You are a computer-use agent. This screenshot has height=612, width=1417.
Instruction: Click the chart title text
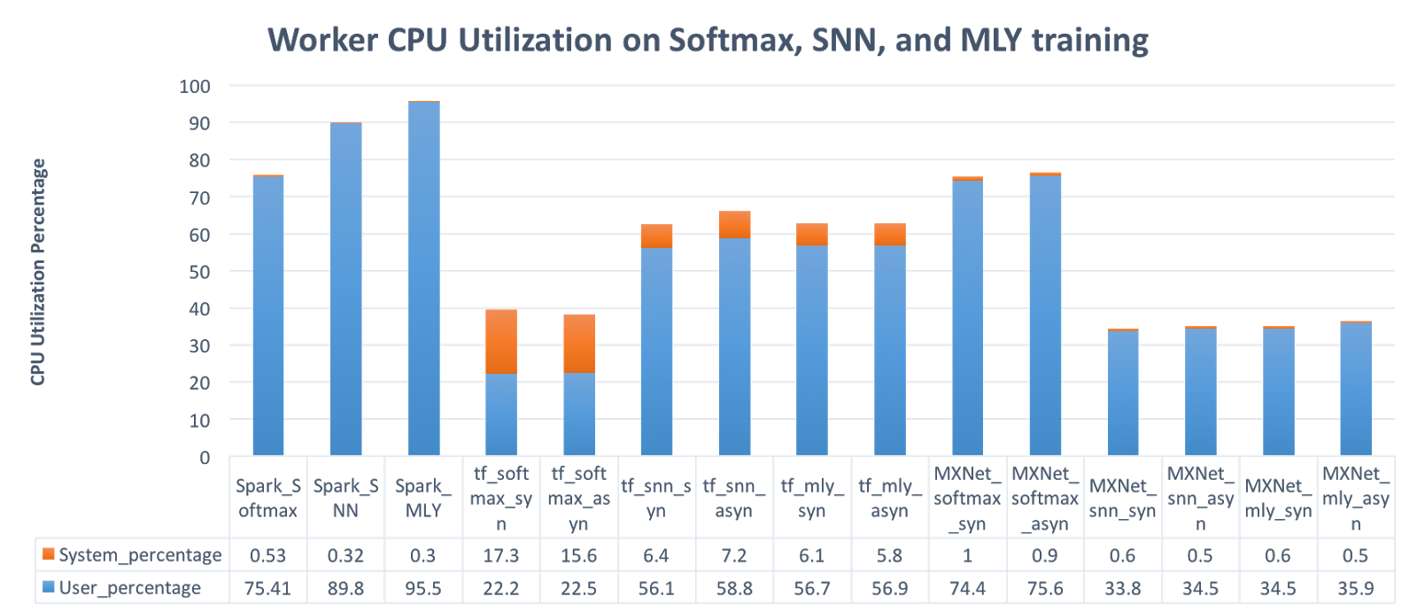tap(708, 41)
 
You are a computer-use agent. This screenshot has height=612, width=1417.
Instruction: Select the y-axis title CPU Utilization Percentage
tap(37, 271)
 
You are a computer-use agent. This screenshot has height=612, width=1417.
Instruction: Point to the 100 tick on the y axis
tap(195, 86)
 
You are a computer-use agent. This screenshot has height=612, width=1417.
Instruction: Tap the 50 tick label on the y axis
tap(199, 272)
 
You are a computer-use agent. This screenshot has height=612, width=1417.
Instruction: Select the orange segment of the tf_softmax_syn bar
tap(501, 341)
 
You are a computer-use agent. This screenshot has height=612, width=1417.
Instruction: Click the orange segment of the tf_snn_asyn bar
tap(734, 225)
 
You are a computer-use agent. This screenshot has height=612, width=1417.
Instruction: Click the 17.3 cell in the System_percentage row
tap(500, 555)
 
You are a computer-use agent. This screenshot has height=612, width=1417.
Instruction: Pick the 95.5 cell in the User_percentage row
tap(423, 588)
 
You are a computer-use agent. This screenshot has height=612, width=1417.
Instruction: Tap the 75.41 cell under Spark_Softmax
tap(267, 588)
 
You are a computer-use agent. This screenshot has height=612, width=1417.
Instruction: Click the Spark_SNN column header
tap(345, 498)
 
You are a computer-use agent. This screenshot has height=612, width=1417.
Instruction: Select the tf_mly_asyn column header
tap(889, 498)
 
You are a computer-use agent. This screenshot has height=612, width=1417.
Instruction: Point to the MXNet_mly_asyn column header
tap(1356, 498)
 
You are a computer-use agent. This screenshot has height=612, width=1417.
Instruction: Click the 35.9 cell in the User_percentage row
tap(1356, 588)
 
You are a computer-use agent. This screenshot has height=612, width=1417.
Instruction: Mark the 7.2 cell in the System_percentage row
tap(734, 555)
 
